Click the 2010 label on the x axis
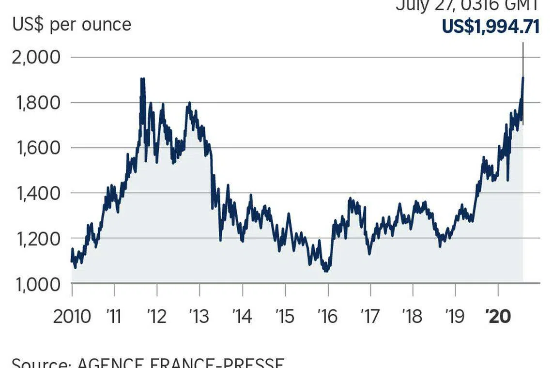coord(72,316)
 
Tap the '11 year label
coord(114,316)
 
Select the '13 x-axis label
coord(199,316)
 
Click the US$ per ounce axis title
coord(72,24)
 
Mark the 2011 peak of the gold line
coord(142,79)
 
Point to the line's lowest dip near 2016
coord(326,271)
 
